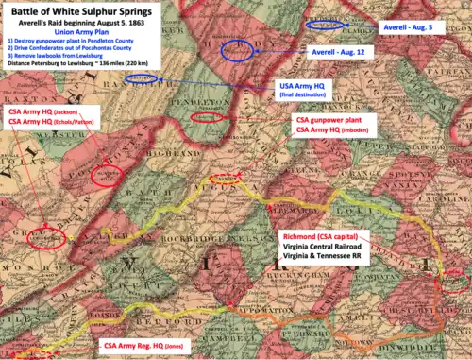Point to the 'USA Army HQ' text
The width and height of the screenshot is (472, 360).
304,87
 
